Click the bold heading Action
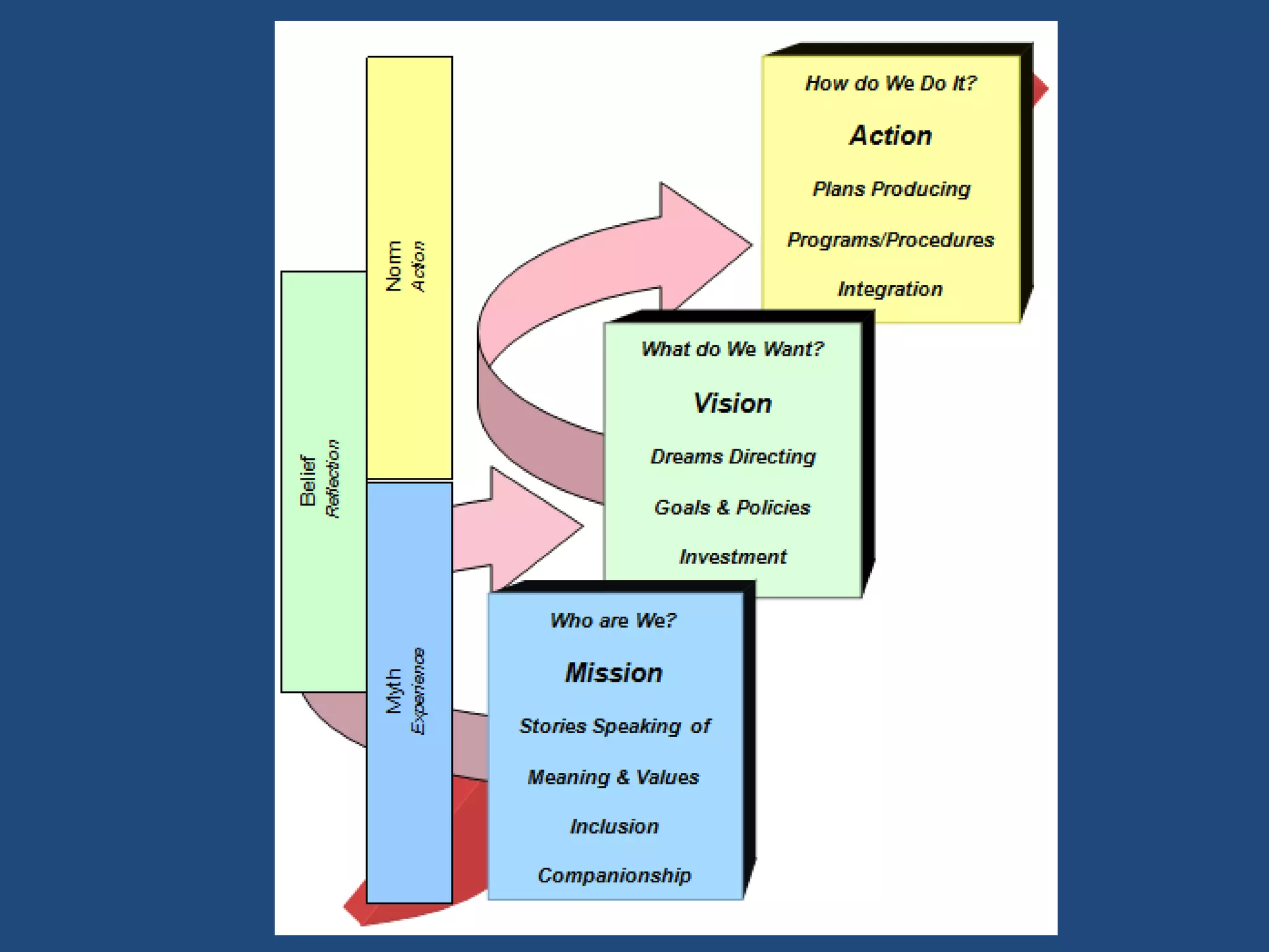coord(890,136)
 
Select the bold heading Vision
coord(732,403)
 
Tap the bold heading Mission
coord(613,673)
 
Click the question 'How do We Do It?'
coord(890,83)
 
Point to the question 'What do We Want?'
coord(732,349)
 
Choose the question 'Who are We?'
coord(613,620)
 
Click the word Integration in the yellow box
coord(890,289)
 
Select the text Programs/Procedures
coord(890,240)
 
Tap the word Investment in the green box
coord(732,557)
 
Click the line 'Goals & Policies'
coord(732,508)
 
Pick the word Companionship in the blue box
coord(614,875)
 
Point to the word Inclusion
coord(614,826)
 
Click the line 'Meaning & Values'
coord(613,777)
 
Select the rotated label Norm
coord(393,266)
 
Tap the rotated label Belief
coord(308,481)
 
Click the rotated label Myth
coord(393,690)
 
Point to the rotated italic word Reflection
coord(333,478)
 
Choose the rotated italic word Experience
coord(418,691)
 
